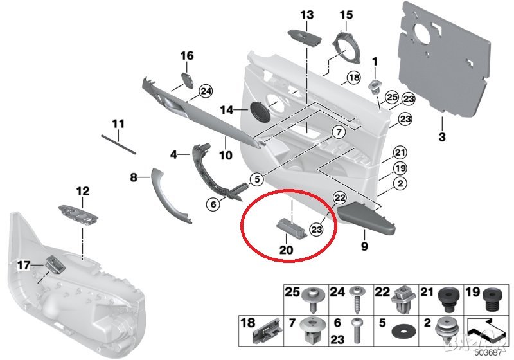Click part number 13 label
tap(306, 14)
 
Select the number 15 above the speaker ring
tap(346, 14)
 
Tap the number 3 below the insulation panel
tap(441, 136)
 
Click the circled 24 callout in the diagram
tap(205, 92)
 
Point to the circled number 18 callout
tap(353, 78)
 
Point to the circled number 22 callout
tap(341, 199)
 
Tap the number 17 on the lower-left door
tap(23, 264)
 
